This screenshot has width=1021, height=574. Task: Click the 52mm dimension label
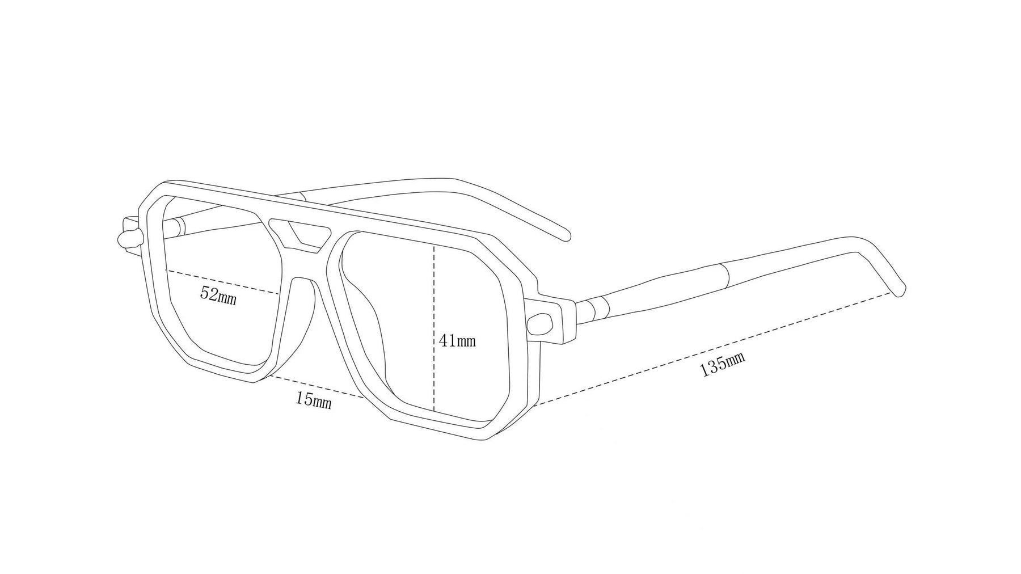coord(218,296)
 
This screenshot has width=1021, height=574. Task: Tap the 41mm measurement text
coord(457,341)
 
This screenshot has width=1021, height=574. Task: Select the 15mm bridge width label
coord(313,400)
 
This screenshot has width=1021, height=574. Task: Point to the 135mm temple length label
coord(722,364)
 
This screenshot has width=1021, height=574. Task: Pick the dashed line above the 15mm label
coord(318,387)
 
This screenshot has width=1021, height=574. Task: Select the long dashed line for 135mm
coord(709,348)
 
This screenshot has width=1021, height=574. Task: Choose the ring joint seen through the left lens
coord(179,226)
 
